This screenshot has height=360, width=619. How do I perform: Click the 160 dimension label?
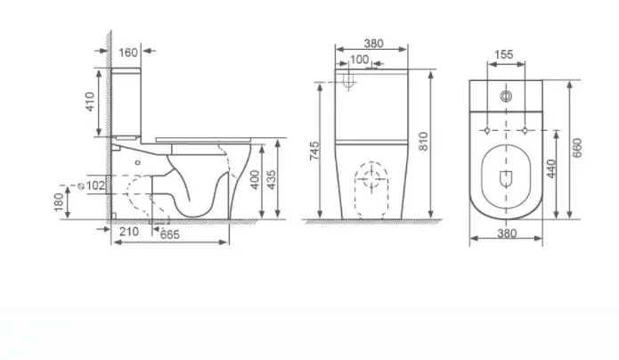pyautogui.click(x=128, y=53)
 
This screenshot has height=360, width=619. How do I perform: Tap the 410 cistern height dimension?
pyautogui.click(x=91, y=102)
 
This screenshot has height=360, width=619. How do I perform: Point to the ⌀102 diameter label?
pyautogui.click(x=92, y=185)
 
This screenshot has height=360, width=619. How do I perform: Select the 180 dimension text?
pyautogui.click(x=58, y=202)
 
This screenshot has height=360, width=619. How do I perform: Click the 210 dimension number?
pyautogui.click(x=129, y=232)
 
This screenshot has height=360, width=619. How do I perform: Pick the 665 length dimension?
pyautogui.click(x=170, y=234)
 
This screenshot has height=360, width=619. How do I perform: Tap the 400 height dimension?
pyautogui.click(x=255, y=179)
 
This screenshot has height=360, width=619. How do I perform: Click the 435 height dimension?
pyautogui.click(x=272, y=179)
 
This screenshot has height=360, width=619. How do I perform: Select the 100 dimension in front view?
pyautogui.click(x=359, y=60)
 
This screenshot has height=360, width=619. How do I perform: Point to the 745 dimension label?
pyautogui.click(x=314, y=151)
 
